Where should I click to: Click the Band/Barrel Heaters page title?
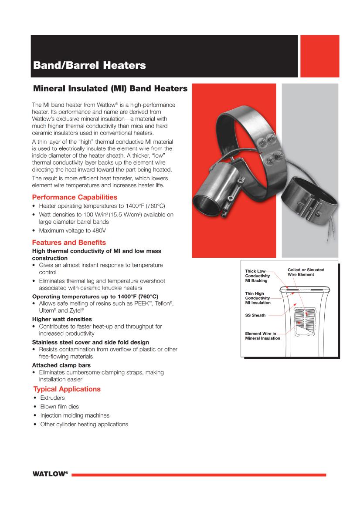89,66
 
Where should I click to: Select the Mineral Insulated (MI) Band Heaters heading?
110,89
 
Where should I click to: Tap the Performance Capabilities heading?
75,197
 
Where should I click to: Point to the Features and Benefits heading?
69,243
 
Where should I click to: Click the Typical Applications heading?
67,389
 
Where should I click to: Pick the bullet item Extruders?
52,398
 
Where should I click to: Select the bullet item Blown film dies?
59,407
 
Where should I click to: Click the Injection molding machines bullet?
75,415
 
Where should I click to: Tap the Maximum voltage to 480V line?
72,230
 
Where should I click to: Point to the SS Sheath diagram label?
255,315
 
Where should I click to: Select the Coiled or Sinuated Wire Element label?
306,272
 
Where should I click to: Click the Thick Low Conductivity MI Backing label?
257,276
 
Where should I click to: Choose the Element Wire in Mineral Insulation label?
263,336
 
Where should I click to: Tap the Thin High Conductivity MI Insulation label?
258,298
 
